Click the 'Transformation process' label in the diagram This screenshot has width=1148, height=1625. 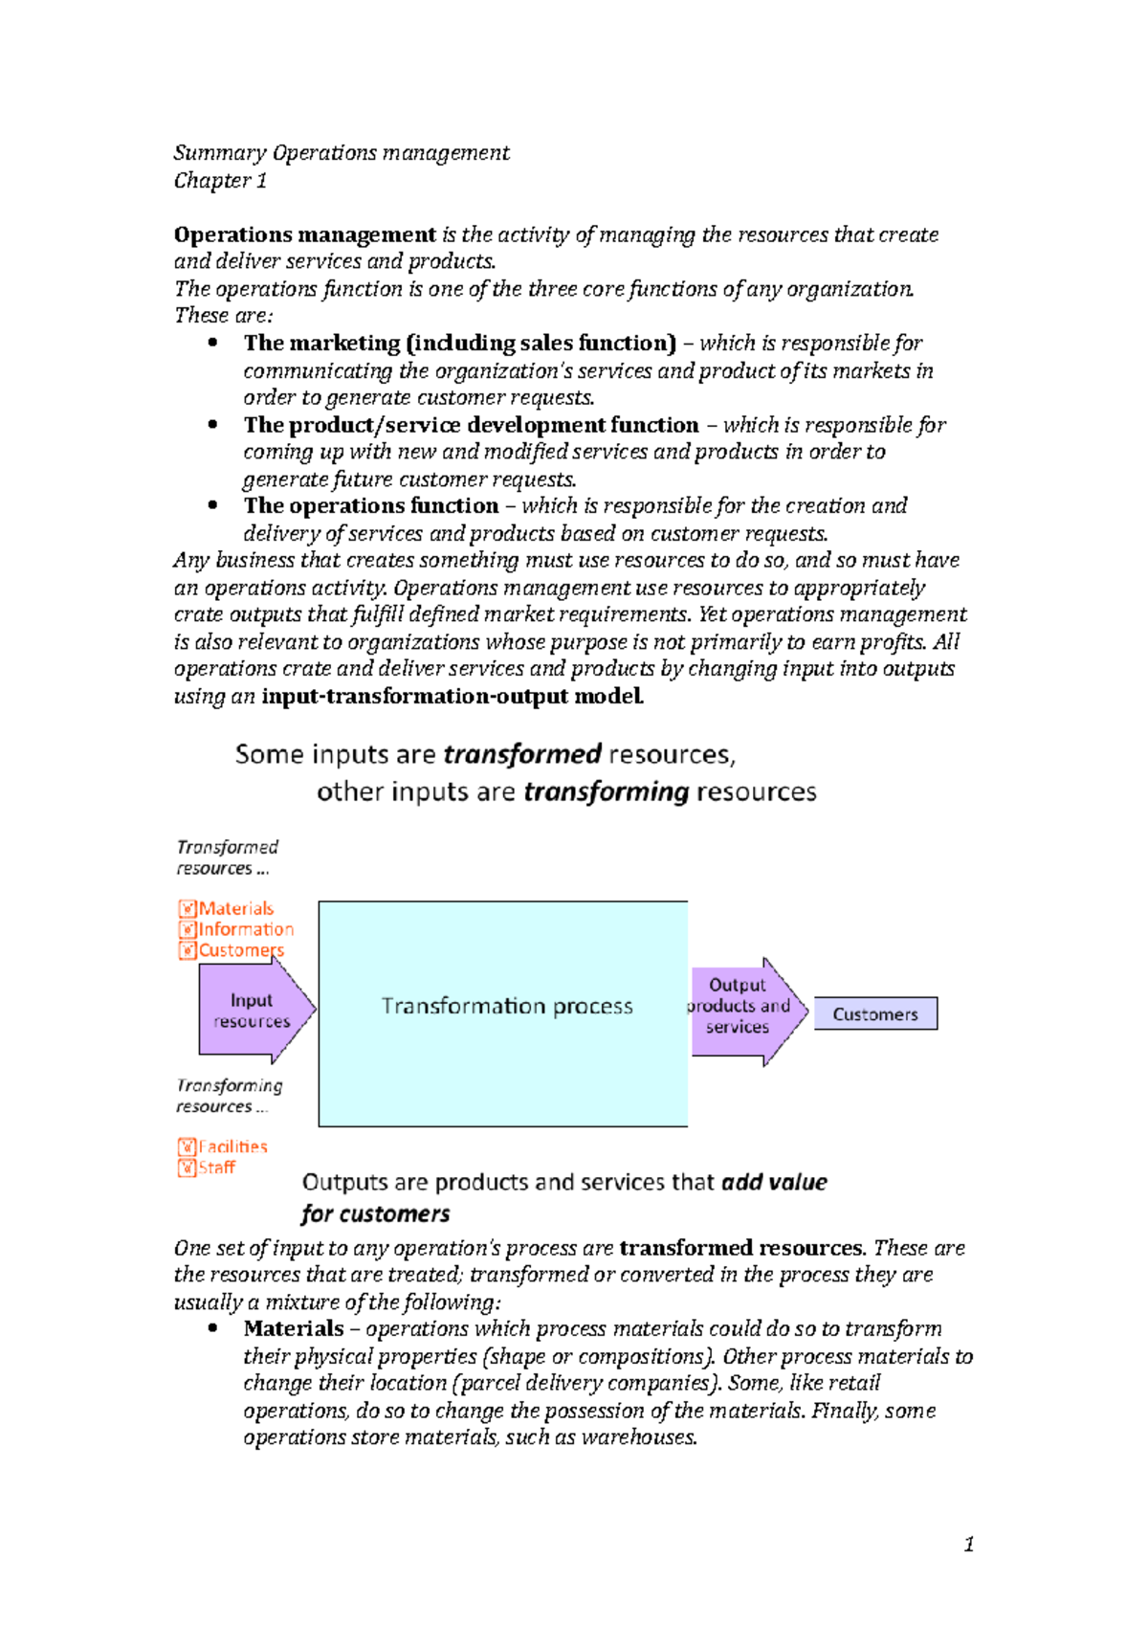pyautogui.click(x=507, y=1006)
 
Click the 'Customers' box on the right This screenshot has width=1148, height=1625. pyautogui.click(x=875, y=1014)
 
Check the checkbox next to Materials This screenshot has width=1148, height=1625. pyautogui.click(x=188, y=908)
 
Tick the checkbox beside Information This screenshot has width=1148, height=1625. pyautogui.click(x=188, y=929)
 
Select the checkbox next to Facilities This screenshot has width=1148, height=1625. pyautogui.click(x=188, y=1146)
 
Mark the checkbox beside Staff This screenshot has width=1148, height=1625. pyautogui.click(x=188, y=1168)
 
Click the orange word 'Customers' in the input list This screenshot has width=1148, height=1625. pyautogui.click(x=241, y=950)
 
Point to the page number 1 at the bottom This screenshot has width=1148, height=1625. pyautogui.click(x=969, y=1544)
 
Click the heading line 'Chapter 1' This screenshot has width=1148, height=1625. pyautogui.click(x=220, y=180)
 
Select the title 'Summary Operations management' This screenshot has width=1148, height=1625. pyautogui.click(x=342, y=153)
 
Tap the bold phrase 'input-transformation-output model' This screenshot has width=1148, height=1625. pyautogui.click(x=452, y=696)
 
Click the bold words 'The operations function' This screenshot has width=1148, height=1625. pyautogui.click(x=371, y=505)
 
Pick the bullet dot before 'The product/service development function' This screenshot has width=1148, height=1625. pyautogui.click(x=212, y=424)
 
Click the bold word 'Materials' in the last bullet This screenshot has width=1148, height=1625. pyautogui.click(x=294, y=1328)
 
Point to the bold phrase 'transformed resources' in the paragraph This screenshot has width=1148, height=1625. pyautogui.click(x=740, y=1248)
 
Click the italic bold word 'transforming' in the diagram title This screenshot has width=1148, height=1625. pyautogui.click(x=607, y=791)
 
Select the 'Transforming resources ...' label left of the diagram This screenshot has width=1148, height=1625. pyautogui.click(x=230, y=1096)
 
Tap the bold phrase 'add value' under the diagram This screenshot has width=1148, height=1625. pyautogui.click(x=774, y=1182)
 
